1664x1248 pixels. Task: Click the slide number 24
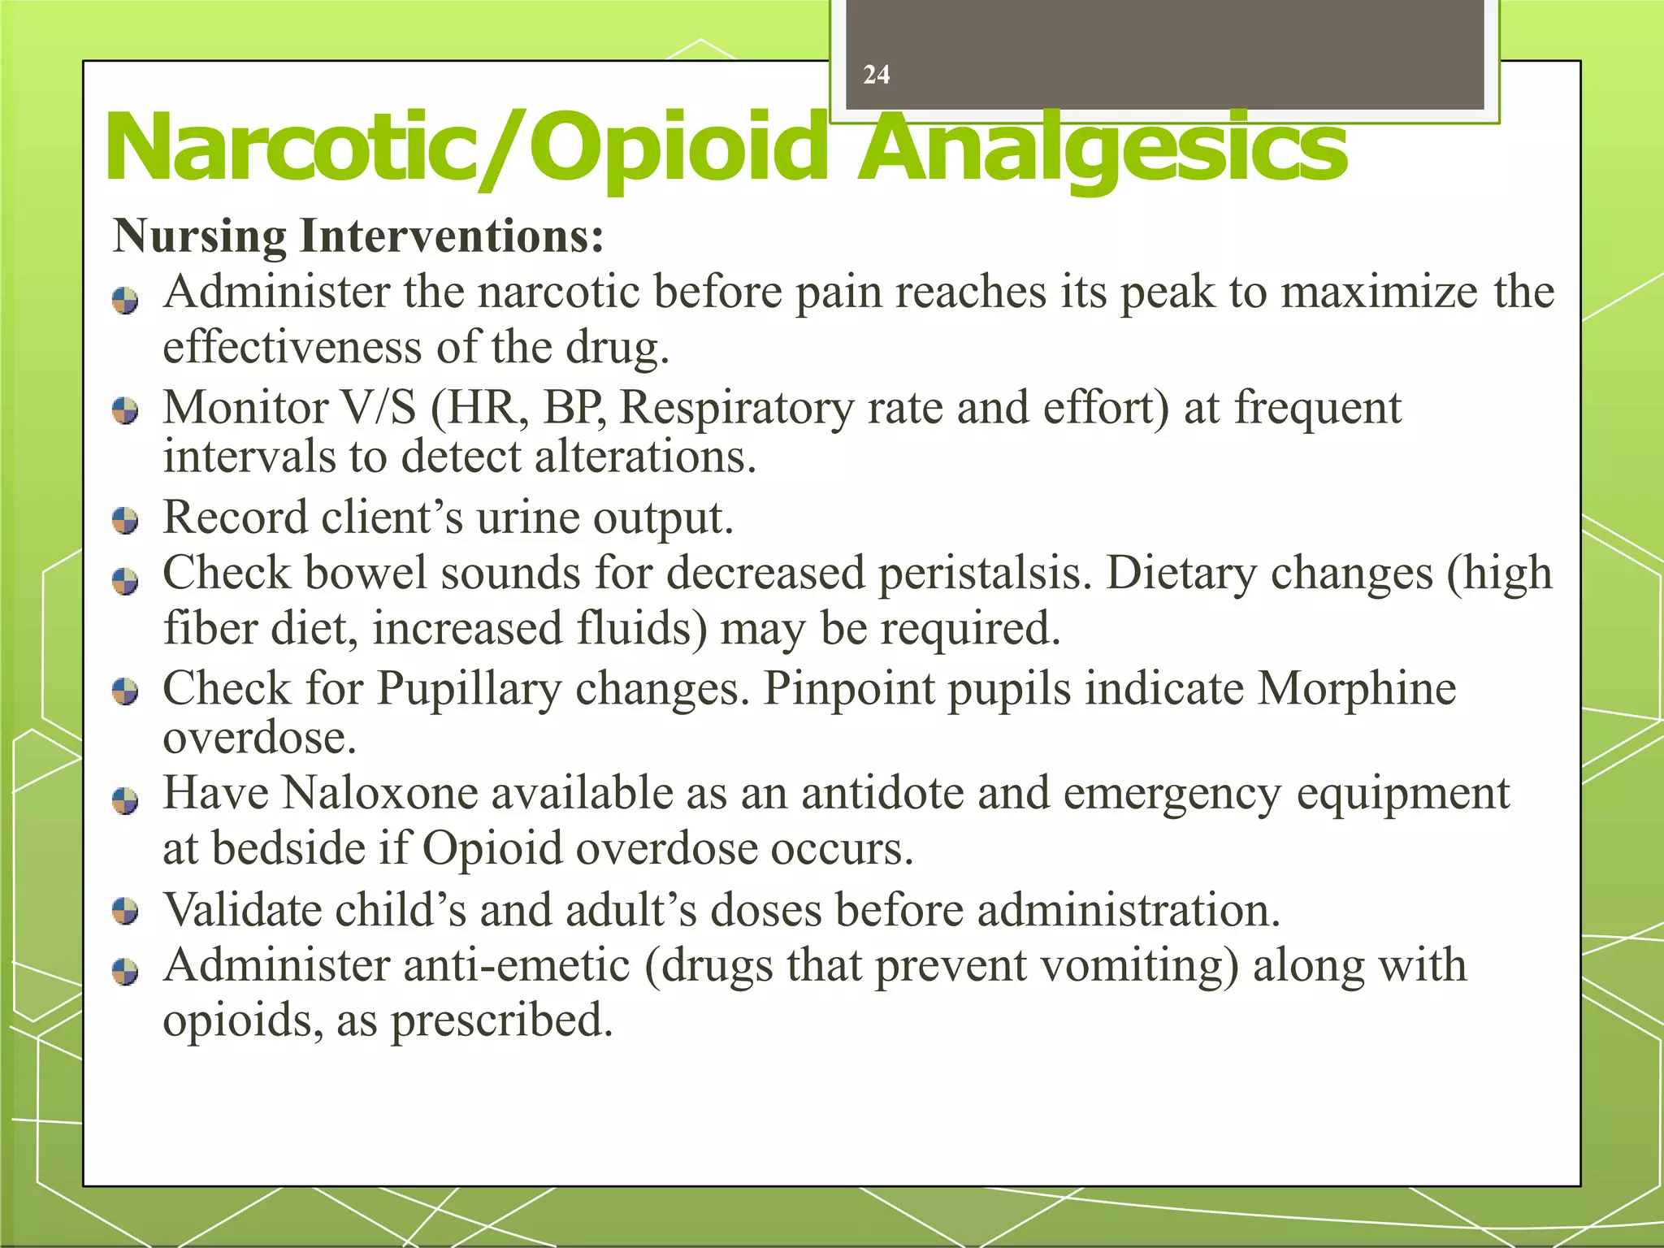[x=876, y=75]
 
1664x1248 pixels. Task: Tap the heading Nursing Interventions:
[x=358, y=236]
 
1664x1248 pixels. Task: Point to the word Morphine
[x=1356, y=689]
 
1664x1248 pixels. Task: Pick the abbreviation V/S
[x=379, y=407]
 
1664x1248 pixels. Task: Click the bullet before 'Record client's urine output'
[x=125, y=520]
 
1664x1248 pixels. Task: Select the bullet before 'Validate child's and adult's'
[x=125, y=911]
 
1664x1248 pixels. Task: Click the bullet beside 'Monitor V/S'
[x=125, y=409]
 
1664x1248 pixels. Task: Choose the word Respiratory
[x=736, y=408]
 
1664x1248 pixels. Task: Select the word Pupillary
[x=469, y=689]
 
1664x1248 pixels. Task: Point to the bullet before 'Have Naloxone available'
[x=125, y=801]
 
